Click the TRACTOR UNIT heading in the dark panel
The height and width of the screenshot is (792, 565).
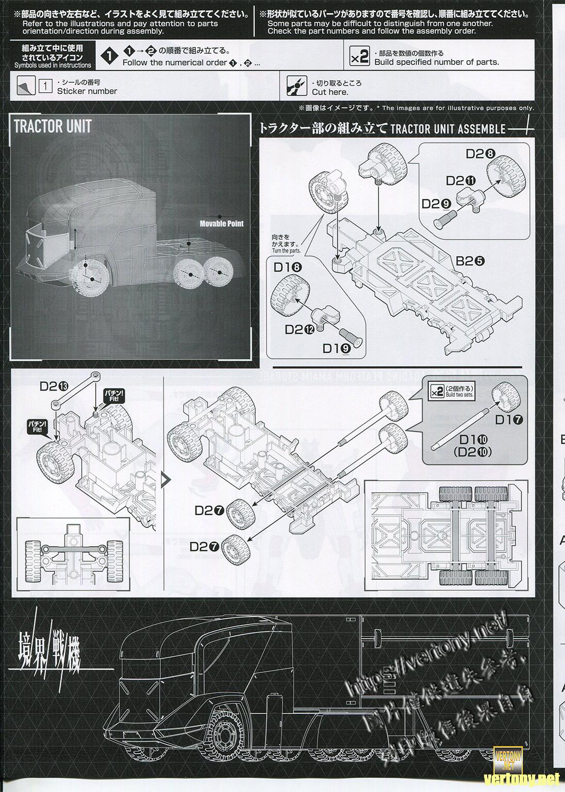[53, 126]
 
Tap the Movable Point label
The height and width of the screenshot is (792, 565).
[222, 224]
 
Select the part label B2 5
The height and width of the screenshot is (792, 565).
[470, 261]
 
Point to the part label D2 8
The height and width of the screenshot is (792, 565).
[480, 154]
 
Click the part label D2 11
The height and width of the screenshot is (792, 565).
[460, 180]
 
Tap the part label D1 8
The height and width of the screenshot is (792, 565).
[288, 267]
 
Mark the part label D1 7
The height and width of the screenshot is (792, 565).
[509, 419]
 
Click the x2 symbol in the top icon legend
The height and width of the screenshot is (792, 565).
[359, 57]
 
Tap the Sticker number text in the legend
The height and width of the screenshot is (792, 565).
[87, 91]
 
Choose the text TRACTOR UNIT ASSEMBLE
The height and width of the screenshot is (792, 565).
[447, 128]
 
